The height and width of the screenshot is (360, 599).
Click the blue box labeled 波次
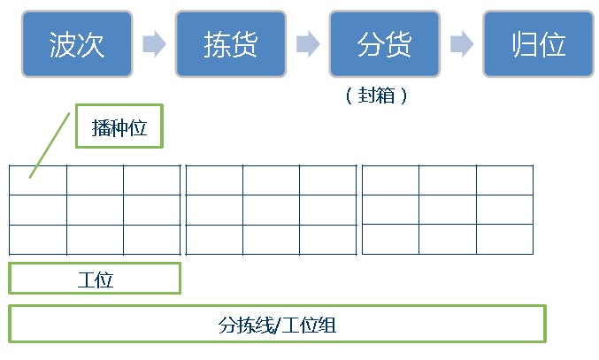click(x=77, y=44)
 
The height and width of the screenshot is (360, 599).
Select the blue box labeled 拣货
click(x=231, y=44)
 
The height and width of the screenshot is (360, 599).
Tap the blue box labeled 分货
click(x=384, y=44)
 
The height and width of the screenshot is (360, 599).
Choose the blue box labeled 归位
click(x=538, y=44)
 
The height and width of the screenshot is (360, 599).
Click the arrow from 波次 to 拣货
click(x=154, y=44)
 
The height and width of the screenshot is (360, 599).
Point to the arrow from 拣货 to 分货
click(x=308, y=44)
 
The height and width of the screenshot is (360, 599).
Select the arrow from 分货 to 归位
click(x=461, y=44)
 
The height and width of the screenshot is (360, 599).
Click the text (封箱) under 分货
click(x=378, y=96)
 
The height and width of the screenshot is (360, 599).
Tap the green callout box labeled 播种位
click(x=119, y=127)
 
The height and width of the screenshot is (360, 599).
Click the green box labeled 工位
click(x=95, y=279)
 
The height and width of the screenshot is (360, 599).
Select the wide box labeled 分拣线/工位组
click(x=277, y=325)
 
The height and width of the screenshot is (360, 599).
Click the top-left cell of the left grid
click(x=38, y=180)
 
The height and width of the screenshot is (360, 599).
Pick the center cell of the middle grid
click(x=271, y=210)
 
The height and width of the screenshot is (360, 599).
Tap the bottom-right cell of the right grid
click(x=504, y=240)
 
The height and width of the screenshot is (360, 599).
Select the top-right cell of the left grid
click(x=151, y=180)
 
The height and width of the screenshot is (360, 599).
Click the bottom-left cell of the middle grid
click(x=214, y=240)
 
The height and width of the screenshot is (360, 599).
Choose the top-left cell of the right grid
click(x=390, y=180)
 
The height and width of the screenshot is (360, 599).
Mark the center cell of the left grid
click(x=95, y=210)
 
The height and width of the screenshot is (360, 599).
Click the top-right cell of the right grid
click(x=504, y=180)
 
